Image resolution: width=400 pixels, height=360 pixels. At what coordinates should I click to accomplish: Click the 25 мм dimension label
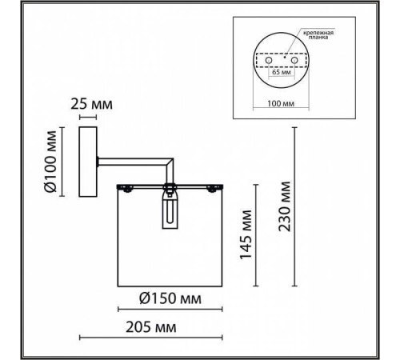point(91,104)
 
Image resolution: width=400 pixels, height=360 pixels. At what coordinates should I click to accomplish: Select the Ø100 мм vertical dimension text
point(50,162)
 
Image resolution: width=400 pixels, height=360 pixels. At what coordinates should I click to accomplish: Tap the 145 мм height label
point(246,234)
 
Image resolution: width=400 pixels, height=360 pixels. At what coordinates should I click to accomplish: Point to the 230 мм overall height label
point(284,206)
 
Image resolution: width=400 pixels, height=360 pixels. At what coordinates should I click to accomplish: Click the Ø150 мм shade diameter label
point(170,298)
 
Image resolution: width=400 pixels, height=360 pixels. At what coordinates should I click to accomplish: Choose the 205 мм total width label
point(151,327)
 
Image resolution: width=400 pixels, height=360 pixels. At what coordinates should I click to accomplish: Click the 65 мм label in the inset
point(282,72)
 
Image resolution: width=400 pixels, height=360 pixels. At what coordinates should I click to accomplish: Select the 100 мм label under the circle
point(281,103)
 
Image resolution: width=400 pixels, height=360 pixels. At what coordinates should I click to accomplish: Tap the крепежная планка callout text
point(318,35)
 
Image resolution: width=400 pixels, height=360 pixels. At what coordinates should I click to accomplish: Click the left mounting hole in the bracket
point(269,61)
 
